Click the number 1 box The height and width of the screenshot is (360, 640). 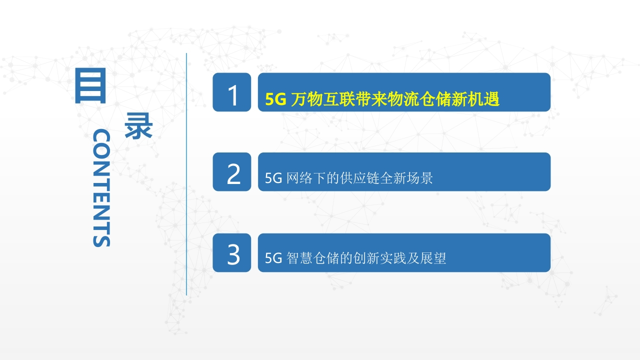tap(231, 92)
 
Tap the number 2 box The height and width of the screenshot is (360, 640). tap(231, 171)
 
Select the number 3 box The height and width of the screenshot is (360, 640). tap(231, 252)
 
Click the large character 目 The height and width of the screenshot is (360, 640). tap(90, 85)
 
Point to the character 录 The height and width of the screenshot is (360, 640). tap(138, 125)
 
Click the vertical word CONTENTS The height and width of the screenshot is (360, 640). tap(101, 187)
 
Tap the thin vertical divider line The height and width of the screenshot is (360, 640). tap(186, 174)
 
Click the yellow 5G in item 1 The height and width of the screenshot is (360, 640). tap(275, 99)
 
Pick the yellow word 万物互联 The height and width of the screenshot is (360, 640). tap(322, 99)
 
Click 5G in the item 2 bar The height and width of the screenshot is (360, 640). tap(273, 178)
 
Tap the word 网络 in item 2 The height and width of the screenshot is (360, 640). tap(299, 178)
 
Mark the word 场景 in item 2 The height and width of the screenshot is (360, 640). tap(419, 178)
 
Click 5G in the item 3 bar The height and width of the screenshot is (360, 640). tap(273, 258)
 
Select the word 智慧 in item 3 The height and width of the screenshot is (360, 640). tap(299, 258)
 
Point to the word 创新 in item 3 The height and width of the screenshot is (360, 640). tap(366, 258)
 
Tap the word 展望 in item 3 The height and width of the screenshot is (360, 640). tap(433, 258)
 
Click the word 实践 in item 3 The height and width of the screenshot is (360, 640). tap(393, 258)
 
